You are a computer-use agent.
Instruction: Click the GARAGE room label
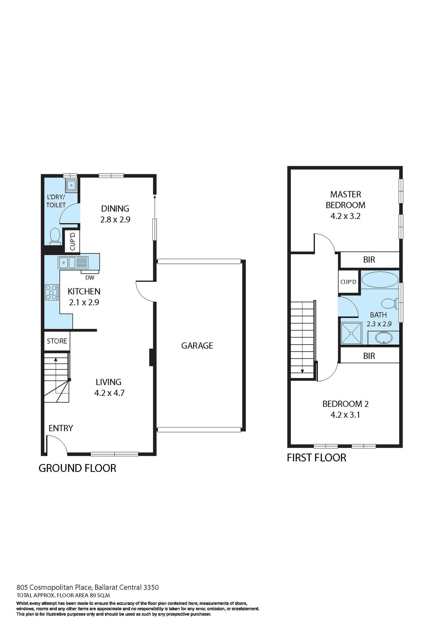pos(197,346)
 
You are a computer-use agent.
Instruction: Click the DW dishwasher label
pos(90,278)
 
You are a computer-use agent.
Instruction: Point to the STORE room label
pos(57,341)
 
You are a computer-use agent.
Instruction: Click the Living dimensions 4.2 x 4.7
pos(109,393)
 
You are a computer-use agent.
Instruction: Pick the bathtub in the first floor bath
pos(380,280)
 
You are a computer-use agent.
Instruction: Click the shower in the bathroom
pos(351,333)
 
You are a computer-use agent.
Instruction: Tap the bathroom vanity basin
pos(384,338)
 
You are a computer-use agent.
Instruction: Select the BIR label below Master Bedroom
pos(369,260)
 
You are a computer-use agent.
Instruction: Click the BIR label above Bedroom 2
pos(369,356)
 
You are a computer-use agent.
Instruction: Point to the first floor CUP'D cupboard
pos(348,282)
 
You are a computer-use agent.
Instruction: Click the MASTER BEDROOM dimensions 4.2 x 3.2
pos(345,216)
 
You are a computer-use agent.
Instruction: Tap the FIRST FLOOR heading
pos(316,458)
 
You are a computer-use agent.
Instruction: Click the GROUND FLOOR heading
pos(77,468)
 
